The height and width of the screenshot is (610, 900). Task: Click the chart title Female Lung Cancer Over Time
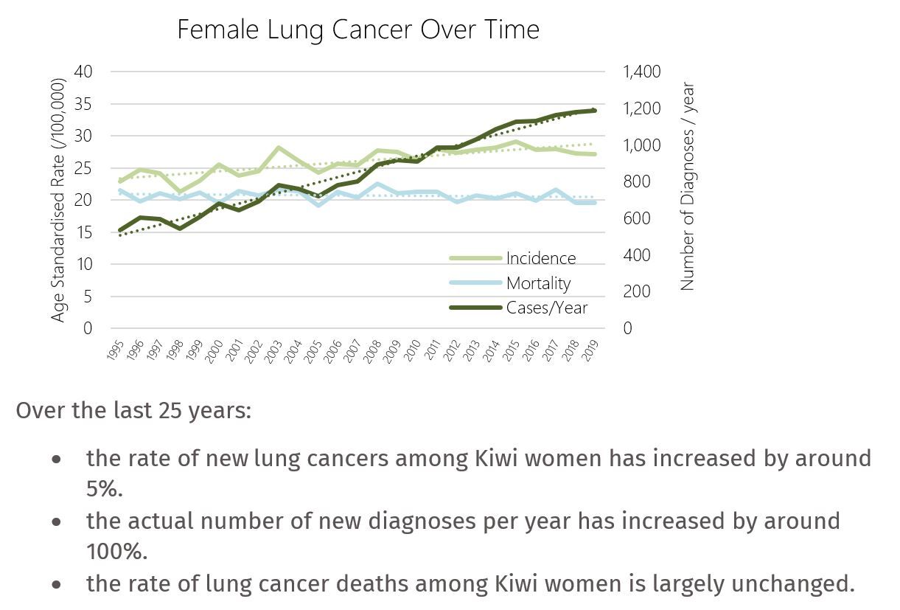coord(358,30)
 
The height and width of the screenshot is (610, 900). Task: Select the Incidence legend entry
coord(540,258)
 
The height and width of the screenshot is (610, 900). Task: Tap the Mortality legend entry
coord(538,283)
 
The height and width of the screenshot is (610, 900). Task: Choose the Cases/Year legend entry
coord(546,308)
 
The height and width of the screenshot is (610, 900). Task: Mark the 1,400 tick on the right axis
coord(642,72)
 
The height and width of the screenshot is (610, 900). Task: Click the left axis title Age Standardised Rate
coord(59,199)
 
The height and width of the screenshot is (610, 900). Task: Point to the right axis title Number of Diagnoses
coord(688,186)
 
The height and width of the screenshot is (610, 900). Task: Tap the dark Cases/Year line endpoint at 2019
coord(594,111)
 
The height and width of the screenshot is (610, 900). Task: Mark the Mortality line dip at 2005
coord(318,204)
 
